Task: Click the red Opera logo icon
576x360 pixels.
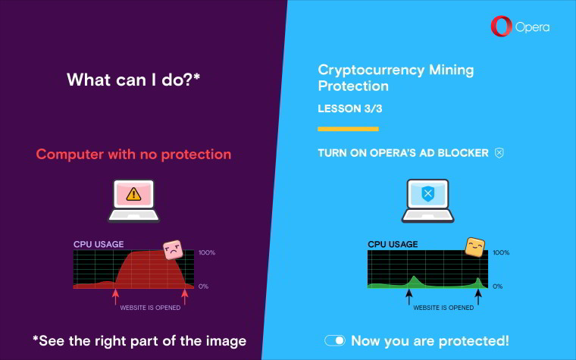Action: (502, 27)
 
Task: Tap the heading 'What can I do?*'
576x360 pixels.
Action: (133, 80)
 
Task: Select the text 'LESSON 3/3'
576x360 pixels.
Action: (349, 108)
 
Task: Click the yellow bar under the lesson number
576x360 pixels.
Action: (348, 129)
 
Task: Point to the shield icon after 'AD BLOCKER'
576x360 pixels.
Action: (499, 153)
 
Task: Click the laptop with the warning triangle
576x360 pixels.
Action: (133, 201)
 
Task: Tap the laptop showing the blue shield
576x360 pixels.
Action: (427, 201)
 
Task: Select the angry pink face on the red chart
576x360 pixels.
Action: (173, 250)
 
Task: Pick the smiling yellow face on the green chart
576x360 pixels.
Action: (474, 247)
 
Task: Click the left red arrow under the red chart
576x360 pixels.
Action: (115, 297)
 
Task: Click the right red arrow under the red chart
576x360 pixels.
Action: (185, 297)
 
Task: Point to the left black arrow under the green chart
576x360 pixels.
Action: (409, 297)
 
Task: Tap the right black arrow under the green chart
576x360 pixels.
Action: (478, 297)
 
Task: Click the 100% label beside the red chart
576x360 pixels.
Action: (207, 252)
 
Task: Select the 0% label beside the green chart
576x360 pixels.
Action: (497, 286)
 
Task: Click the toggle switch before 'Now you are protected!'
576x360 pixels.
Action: (335, 340)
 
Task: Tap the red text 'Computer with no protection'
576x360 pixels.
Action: (133, 155)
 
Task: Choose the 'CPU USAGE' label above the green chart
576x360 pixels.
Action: (393, 244)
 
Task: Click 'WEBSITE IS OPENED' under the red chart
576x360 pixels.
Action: (150, 308)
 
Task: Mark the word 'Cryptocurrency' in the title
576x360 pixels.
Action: (371, 70)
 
